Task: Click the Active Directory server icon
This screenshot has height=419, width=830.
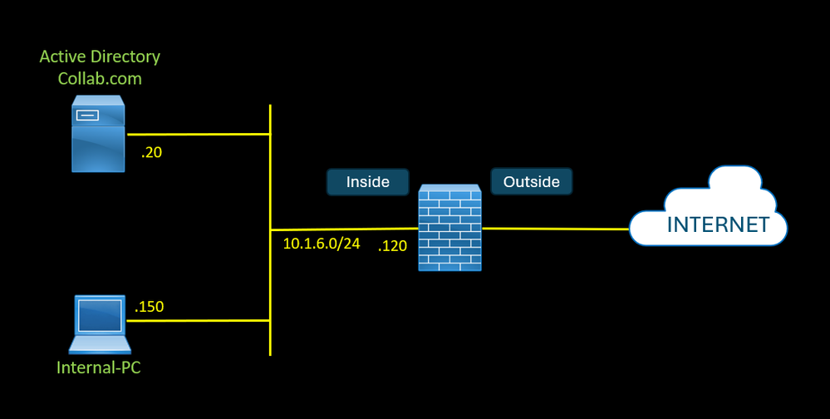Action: tap(98, 133)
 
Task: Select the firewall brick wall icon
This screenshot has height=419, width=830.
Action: tap(449, 228)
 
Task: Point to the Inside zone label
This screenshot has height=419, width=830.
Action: tap(367, 182)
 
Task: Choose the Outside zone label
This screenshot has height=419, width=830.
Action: tap(531, 181)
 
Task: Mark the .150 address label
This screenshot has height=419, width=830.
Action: tap(149, 306)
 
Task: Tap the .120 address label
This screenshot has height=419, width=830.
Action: tap(392, 246)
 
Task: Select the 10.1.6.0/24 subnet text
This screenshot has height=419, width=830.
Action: tap(322, 245)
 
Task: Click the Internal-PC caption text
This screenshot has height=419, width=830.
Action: tap(99, 367)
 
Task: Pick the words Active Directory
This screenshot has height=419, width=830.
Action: tap(100, 57)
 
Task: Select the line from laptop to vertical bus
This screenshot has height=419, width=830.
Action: tap(199, 320)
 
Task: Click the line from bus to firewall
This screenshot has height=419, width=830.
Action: tap(345, 229)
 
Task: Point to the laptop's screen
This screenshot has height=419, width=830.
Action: tap(100, 316)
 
